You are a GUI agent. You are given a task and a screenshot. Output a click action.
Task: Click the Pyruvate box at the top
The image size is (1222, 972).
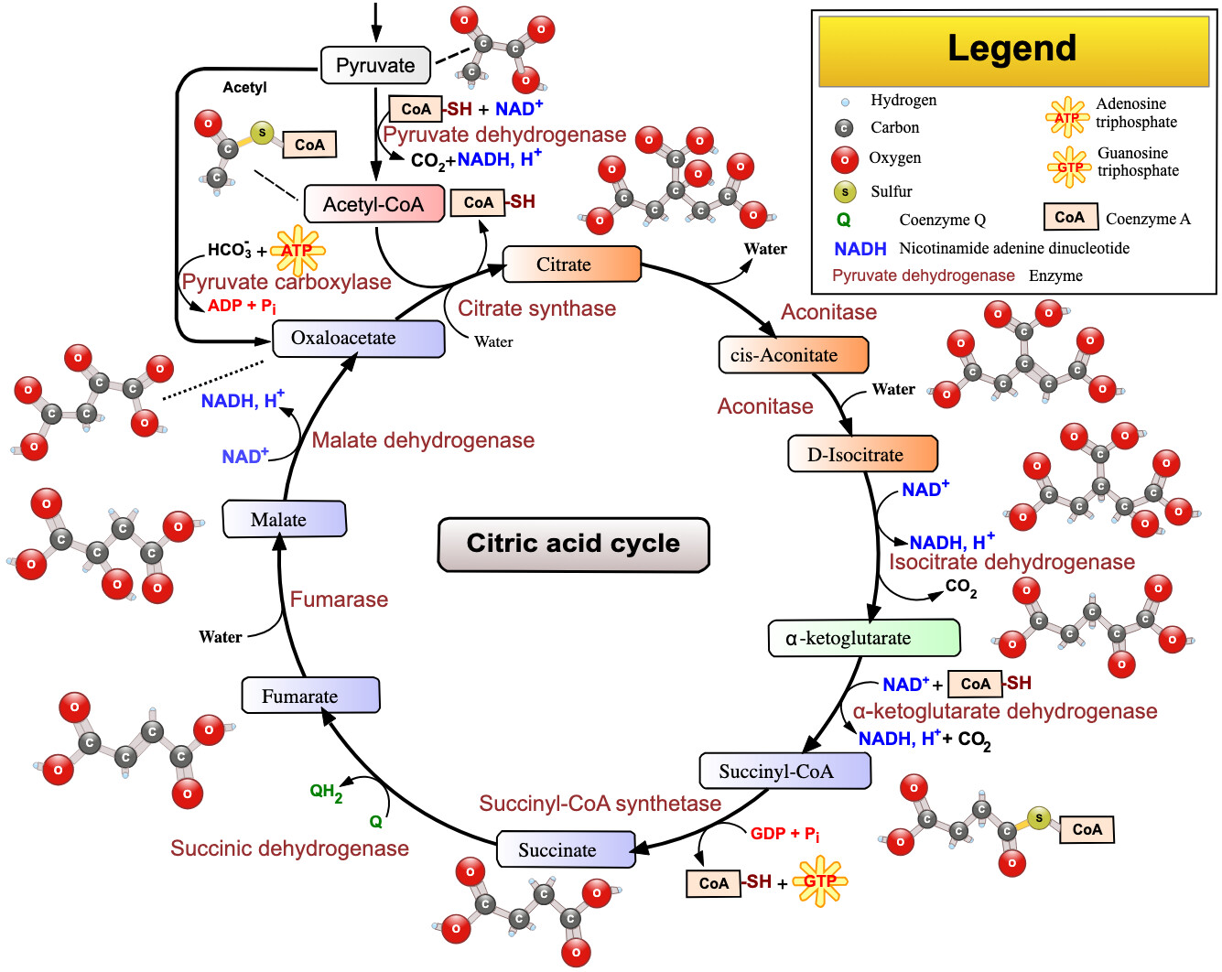click(375, 65)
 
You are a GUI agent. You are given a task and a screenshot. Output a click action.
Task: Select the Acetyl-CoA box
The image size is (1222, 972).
click(373, 204)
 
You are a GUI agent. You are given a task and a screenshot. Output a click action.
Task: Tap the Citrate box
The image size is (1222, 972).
click(572, 265)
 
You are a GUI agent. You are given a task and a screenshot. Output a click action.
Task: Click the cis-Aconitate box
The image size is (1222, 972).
click(793, 355)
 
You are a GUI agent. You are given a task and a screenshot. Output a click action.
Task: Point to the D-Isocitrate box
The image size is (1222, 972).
click(862, 454)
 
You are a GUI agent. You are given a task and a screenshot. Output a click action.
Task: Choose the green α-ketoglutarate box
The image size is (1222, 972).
click(863, 638)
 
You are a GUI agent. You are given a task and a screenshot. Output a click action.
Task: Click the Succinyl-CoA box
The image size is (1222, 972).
click(784, 771)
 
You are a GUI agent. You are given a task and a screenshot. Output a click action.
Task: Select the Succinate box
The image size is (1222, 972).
click(566, 849)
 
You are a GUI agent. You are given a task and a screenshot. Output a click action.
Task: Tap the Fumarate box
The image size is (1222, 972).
click(310, 696)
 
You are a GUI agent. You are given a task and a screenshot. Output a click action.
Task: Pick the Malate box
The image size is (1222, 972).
click(284, 519)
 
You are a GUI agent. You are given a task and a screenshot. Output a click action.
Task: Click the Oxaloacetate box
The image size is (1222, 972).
click(358, 338)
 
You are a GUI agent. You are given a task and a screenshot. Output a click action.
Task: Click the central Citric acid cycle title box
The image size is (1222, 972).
click(573, 545)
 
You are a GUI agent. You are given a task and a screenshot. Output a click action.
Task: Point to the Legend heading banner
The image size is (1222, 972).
click(1012, 49)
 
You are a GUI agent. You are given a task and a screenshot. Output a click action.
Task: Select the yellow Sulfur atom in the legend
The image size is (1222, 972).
click(844, 191)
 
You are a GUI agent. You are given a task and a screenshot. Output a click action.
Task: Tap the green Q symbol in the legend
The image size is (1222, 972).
click(843, 220)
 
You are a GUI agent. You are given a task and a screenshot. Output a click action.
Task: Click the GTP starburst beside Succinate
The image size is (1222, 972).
click(819, 881)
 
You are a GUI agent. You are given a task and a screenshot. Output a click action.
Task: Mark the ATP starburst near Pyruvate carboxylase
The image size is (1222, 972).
click(297, 250)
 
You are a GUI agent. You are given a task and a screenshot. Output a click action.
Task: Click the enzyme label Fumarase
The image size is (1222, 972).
click(339, 599)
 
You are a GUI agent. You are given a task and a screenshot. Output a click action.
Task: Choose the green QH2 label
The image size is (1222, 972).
click(326, 792)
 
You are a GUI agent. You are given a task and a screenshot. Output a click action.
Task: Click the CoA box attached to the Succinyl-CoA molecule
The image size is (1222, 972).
click(1087, 829)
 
